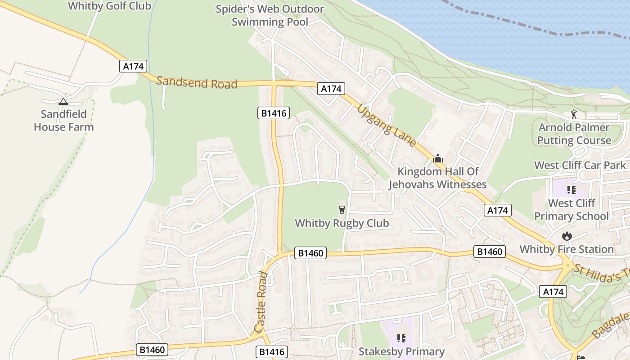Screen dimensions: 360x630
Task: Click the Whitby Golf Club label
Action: tap(109, 6)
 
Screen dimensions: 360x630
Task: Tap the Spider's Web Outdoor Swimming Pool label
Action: tap(270, 15)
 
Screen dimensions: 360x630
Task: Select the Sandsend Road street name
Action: tap(197, 82)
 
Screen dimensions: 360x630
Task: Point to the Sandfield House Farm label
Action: tap(64, 121)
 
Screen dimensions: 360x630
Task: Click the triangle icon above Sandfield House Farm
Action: tap(63, 101)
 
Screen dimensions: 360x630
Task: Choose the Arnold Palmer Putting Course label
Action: tap(574, 134)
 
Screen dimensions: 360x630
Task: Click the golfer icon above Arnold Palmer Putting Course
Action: tap(574, 114)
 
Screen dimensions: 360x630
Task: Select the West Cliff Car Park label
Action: tap(580, 165)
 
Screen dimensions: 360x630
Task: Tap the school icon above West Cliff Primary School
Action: tap(571, 190)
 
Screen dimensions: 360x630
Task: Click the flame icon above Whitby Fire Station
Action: tap(567, 236)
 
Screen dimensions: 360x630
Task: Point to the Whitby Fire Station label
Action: tap(567, 249)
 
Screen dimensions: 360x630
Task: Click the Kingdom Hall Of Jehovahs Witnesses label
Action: tap(438, 178)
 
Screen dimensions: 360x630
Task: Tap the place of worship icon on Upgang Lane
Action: tap(438, 158)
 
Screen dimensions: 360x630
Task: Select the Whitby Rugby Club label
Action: tap(342, 223)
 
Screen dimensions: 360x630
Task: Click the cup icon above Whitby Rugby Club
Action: tap(342, 209)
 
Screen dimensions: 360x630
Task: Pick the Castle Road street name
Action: tap(262, 301)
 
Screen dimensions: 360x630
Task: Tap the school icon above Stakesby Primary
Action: tap(401, 338)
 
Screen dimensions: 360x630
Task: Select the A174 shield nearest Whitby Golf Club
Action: tap(134, 66)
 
